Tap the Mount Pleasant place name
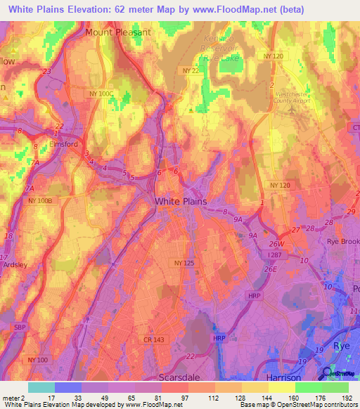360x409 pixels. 117,32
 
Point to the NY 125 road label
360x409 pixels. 184,262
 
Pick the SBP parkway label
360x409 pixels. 20,327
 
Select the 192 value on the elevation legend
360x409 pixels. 347,398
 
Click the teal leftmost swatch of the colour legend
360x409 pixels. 41,387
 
